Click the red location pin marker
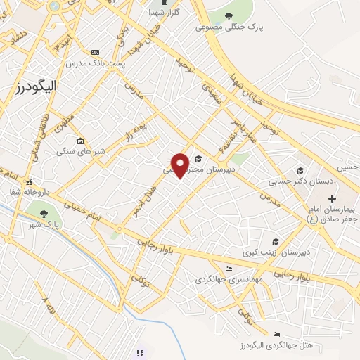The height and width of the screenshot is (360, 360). (180, 164)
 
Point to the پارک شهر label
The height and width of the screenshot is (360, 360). (47, 225)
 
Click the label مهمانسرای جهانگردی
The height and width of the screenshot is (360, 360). (229, 279)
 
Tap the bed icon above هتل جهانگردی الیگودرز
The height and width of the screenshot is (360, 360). (276, 334)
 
